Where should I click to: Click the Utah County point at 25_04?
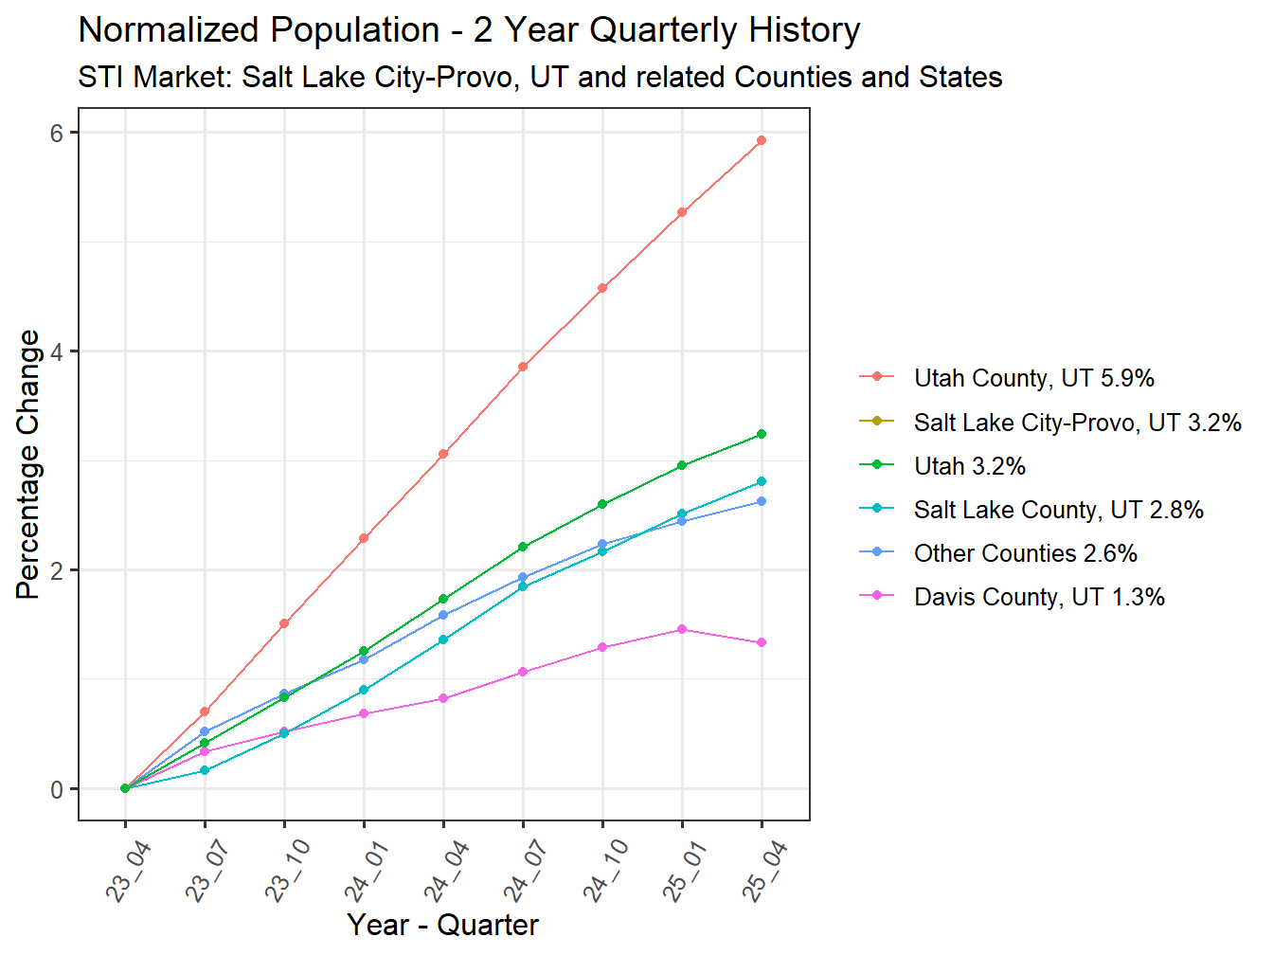[x=762, y=140]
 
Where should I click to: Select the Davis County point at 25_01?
[x=682, y=629]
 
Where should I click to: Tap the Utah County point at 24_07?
[x=523, y=367]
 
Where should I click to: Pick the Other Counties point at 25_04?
[x=762, y=501]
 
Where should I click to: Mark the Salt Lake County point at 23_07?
[x=205, y=770]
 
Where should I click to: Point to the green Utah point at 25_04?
[x=762, y=434]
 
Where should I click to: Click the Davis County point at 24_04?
[x=443, y=698]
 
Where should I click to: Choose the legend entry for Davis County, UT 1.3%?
[x=1038, y=597]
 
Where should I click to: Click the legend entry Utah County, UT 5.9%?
[x=1033, y=378]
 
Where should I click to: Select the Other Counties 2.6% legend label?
[x=1025, y=553]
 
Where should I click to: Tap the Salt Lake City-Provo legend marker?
[x=876, y=422]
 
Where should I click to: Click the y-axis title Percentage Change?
[x=28, y=464]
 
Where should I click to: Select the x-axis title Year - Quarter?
[x=442, y=924]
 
